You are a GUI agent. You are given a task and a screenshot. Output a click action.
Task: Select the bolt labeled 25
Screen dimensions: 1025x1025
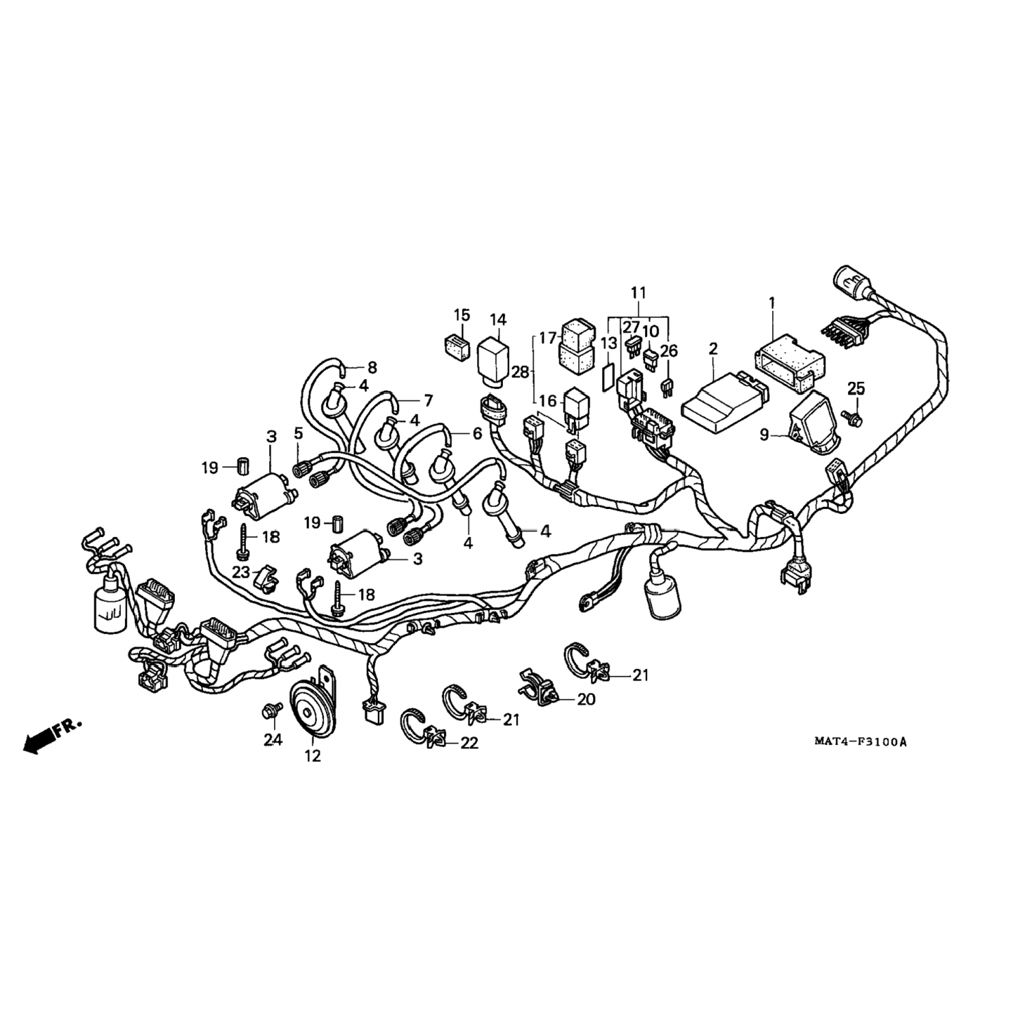pyautogui.click(x=853, y=413)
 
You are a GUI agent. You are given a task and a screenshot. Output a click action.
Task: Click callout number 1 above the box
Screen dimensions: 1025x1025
pyautogui.click(x=772, y=301)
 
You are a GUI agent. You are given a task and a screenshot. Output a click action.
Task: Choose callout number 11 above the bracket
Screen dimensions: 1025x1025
pyautogui.click(x=638, y=292)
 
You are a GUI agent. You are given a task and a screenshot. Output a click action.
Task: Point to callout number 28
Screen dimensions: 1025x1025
pyautogui.click(x=521, y=372)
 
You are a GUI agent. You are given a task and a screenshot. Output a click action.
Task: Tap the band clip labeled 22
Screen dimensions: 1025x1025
pyautogui.click(x=425, y=728)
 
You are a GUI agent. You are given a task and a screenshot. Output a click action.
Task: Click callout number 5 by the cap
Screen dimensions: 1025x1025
pyautogui.click(x=298, y=433)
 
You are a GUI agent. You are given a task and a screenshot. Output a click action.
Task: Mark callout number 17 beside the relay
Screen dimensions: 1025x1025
pyautogui.click(x=547, y=338)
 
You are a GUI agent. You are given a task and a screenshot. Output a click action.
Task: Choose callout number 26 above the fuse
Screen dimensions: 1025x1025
pyautogui.click(x=668, y=351)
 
